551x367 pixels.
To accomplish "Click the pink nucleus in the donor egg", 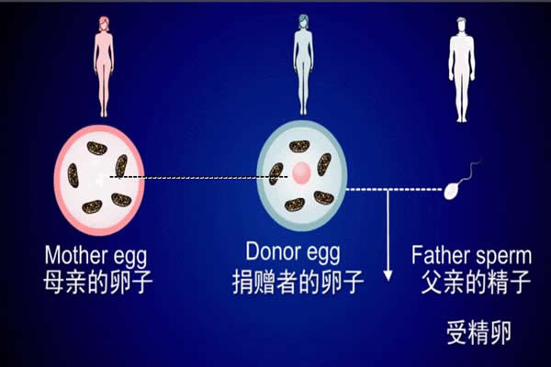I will tap(301, 170).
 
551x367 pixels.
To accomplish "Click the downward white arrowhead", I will tap(388, 273).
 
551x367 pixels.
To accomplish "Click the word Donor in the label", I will tap(275, 250).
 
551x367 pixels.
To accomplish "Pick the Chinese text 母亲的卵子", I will tap(98, 281).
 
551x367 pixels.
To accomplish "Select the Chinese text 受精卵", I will tap(477, 331).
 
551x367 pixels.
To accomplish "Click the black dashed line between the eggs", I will tap(184, 176).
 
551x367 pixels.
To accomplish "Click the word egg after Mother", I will tap(130, 257).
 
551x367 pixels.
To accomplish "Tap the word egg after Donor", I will tap(326, 252).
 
